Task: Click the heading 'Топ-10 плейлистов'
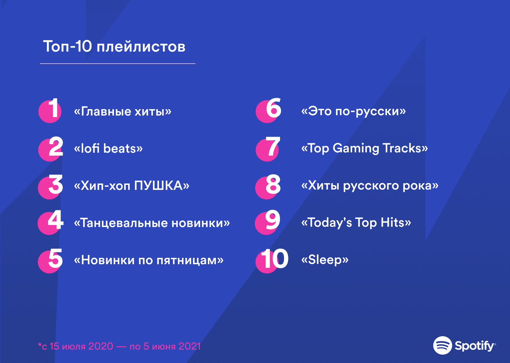point(114,47)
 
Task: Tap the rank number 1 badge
point(51,110)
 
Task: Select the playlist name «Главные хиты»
point(122,111)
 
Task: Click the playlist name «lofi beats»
point(108,148)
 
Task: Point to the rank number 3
point(54,185)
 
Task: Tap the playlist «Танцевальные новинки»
point(152,223)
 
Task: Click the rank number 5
point(54,259)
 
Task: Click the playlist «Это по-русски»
point(353,111)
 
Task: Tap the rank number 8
point(272,185)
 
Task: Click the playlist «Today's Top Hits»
point(356,223)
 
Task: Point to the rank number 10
point(273,259)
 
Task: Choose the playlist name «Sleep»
point(325,260)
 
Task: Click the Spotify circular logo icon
point(442,345)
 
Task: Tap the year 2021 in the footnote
point(189,346)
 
